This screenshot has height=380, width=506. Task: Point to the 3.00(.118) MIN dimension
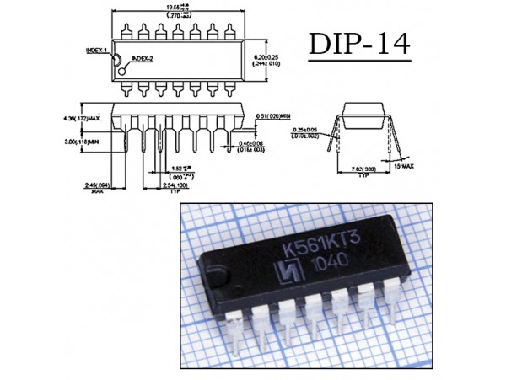coord(83,142)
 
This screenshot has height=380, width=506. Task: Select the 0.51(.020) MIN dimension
coord(273,117)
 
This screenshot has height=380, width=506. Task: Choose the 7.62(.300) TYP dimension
coord(363,170)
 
